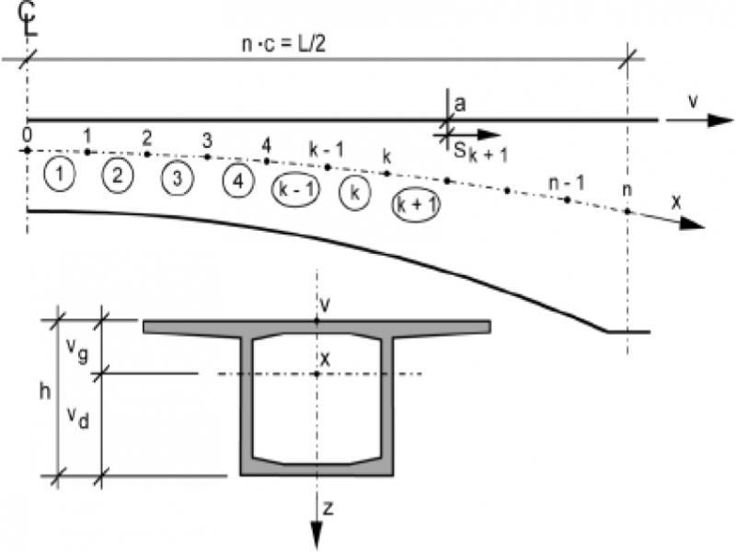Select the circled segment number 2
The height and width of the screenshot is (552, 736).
tap(118, 175)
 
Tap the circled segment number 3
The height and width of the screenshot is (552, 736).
tap(177, 178)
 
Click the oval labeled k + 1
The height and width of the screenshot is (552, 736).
tap(415, 204)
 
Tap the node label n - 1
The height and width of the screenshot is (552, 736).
tap(561, 182)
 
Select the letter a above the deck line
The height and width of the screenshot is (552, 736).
tap(459, 104)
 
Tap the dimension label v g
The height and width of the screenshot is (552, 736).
tap(79, 351)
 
